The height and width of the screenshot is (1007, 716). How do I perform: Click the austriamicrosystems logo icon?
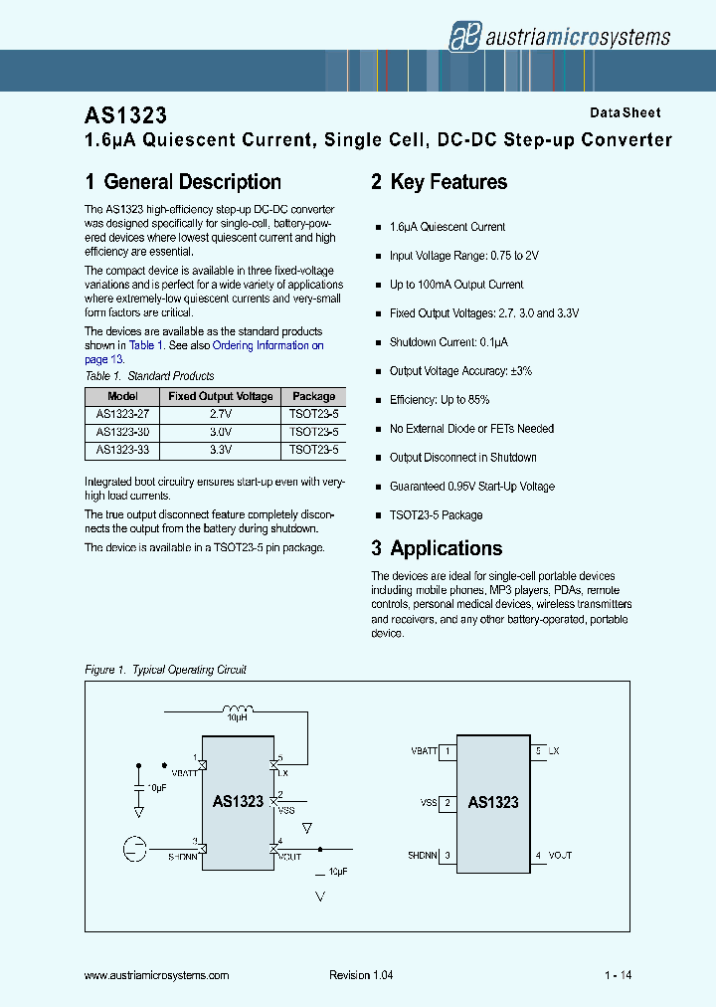pos(461,36)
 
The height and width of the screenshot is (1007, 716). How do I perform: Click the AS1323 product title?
pos(125,114)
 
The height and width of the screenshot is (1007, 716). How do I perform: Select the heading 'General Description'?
pos(183,182)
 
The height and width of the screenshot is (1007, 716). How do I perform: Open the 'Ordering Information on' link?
pos(268,345)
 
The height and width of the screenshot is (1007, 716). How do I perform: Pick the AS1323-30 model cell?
pos(122,433)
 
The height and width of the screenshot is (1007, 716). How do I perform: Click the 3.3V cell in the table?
pos(221,450)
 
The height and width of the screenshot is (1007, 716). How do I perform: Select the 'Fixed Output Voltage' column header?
pos(221,396)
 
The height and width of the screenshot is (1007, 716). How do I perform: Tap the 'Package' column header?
pos(313,396)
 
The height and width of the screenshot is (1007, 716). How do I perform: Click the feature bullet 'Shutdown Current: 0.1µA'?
pos(448,342)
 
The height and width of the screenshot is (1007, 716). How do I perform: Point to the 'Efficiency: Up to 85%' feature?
pos(440,400)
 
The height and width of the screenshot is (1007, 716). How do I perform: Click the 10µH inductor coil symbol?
pos(236,708)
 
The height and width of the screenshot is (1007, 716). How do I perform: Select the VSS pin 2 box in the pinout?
pos(448,803)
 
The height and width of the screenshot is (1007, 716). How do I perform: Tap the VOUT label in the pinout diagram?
pos(560,856)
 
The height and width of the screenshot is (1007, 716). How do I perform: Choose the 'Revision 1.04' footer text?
pos(361,976)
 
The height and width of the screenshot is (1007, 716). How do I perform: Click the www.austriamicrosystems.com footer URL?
pos(159,976)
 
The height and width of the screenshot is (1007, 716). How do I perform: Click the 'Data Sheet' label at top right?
pos(625,113)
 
